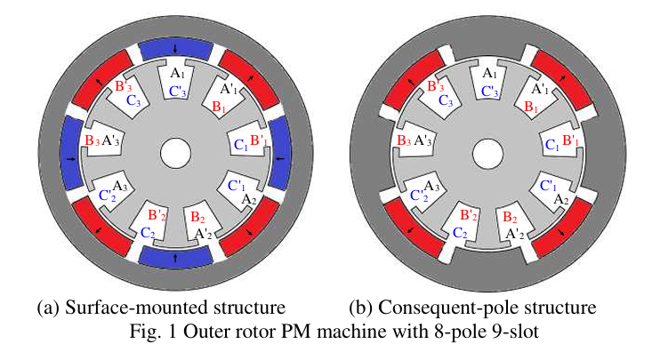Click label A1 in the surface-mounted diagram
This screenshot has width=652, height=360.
pos(177,72)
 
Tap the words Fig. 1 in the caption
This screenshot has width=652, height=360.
pos(163,330)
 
